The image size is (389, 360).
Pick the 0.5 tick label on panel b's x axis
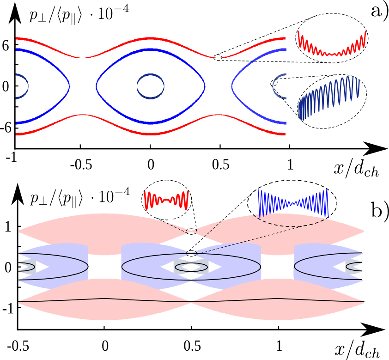click(191, 345)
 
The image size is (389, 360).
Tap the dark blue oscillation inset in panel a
click(330, 98)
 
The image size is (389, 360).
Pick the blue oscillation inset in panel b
click(292, 201)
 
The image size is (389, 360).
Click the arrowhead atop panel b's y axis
click(17, 191)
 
